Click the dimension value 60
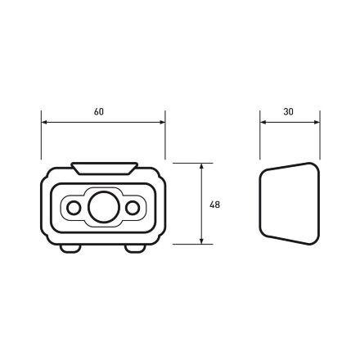click(x=99, y=112)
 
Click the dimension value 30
click(x=288, y=112)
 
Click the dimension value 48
click(x=214, y=205)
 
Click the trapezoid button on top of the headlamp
click(x=104, y=169)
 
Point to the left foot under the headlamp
click(x=70, y=249)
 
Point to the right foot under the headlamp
click(x=135, y=249)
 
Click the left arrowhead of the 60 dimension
click(x=44, y=122)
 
